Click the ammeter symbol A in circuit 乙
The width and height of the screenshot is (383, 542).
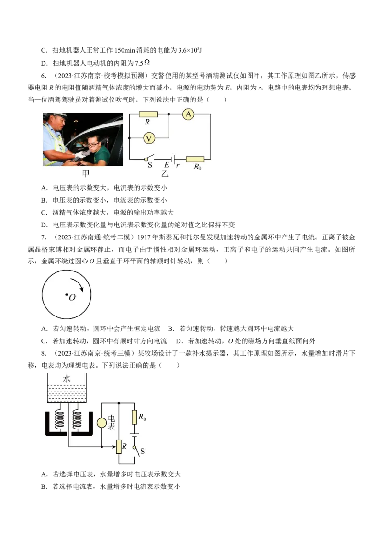[x=188, y=114]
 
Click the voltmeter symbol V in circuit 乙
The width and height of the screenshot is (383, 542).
[x=149, y=138]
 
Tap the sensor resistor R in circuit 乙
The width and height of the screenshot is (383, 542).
[x=148, y=114]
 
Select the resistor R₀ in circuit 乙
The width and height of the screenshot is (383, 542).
[x=195, y=159]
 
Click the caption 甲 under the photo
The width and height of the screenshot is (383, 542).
[x=85, y=173]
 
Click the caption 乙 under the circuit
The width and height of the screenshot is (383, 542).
[x=165, y=173]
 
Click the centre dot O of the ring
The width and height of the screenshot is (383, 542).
[x=67, y=294]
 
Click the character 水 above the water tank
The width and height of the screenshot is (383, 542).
[x=67, y=379]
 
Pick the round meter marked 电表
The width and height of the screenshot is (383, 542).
[x=101, y=422]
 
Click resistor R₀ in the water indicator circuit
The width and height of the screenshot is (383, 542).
[x=135, y=417]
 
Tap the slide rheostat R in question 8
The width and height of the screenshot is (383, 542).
[x=119, y=447]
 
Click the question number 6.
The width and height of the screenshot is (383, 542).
[x=43, y=76]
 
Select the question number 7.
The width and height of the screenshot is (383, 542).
[x=43, y=237]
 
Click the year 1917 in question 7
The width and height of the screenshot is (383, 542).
[x=144, y=237]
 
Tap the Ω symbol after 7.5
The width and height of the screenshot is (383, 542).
[x=147, y=62]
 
